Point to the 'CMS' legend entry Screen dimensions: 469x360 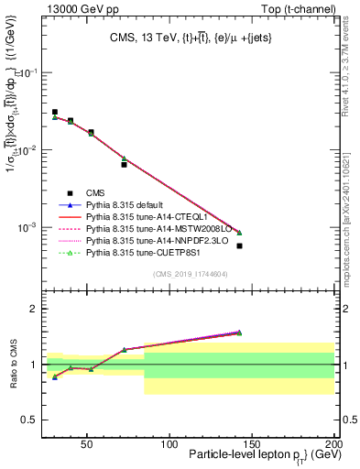coord(94,193)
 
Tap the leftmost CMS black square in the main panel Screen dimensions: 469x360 coord(55,112)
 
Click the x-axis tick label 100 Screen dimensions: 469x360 coord(169,443)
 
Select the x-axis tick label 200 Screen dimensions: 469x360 coord(334,443)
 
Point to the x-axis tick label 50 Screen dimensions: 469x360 coord(86,443)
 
